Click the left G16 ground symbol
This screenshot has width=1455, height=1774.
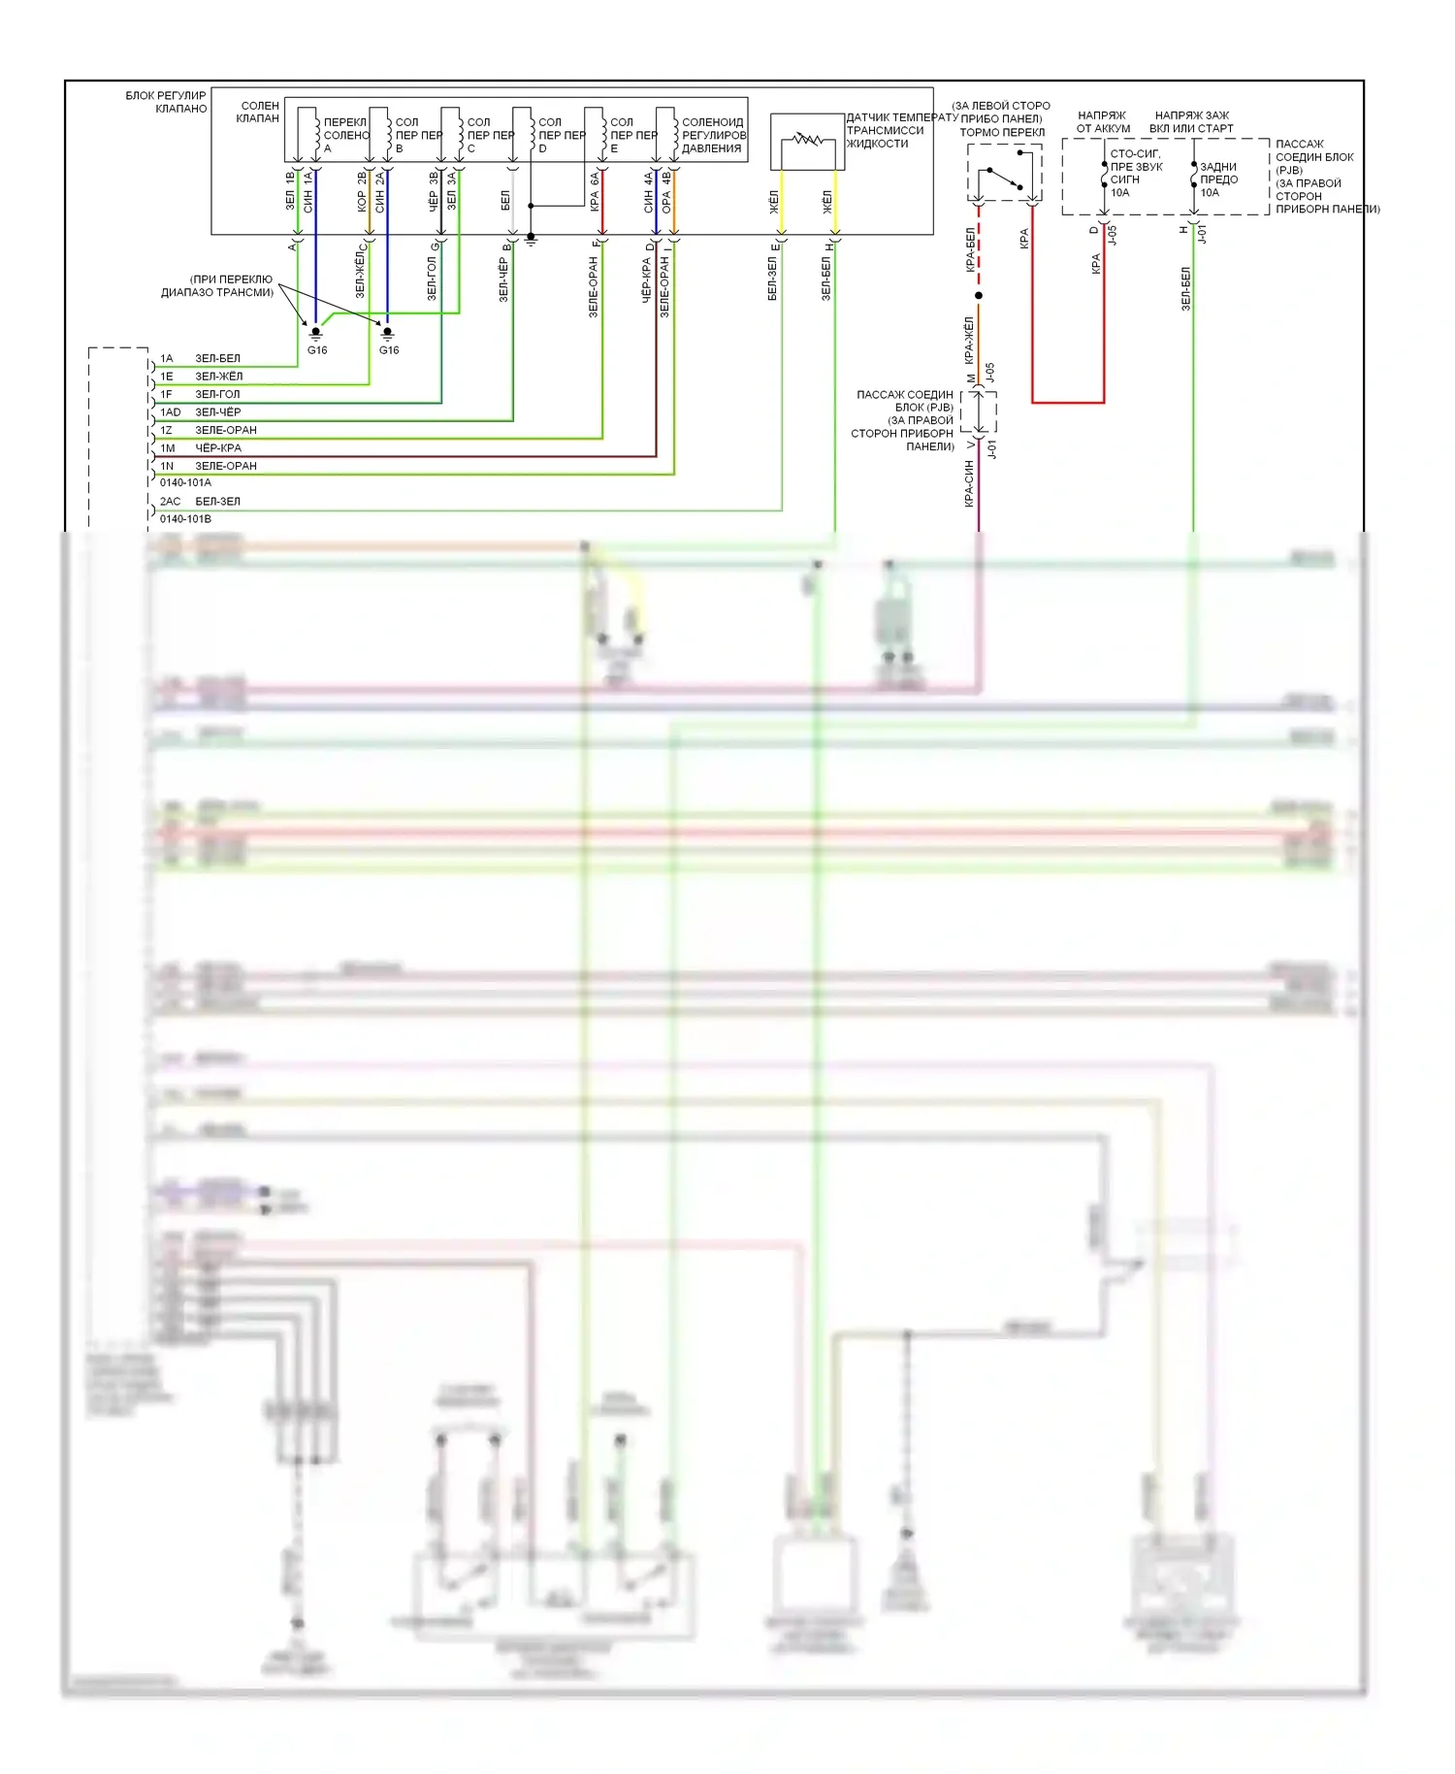pos(315,334)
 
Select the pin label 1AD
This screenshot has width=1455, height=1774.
pos(171,412)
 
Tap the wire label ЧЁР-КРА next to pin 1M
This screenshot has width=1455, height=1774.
pos(218,448)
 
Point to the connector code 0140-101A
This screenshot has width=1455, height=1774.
pos(185,482)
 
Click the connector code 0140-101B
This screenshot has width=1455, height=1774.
pos(185,519)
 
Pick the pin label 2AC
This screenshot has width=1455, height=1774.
pos(171,502)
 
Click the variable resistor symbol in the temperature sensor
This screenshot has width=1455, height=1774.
pos(807,141)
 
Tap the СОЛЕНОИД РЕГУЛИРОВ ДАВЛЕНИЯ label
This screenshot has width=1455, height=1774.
pos(713,135)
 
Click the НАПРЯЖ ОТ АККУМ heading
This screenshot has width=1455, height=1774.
pos(1103,121)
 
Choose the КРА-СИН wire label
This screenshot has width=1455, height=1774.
pos(968,483)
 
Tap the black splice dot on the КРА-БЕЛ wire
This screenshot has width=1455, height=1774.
pos(979,295)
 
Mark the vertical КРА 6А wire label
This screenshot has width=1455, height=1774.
pos(594,192)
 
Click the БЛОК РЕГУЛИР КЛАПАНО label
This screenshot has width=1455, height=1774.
pos(166,102)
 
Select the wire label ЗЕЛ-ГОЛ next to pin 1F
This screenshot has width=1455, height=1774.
pos(217,394)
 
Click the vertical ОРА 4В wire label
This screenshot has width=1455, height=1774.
pos(666,192)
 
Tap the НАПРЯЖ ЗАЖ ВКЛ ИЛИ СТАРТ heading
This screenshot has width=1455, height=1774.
pos(1191,121)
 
